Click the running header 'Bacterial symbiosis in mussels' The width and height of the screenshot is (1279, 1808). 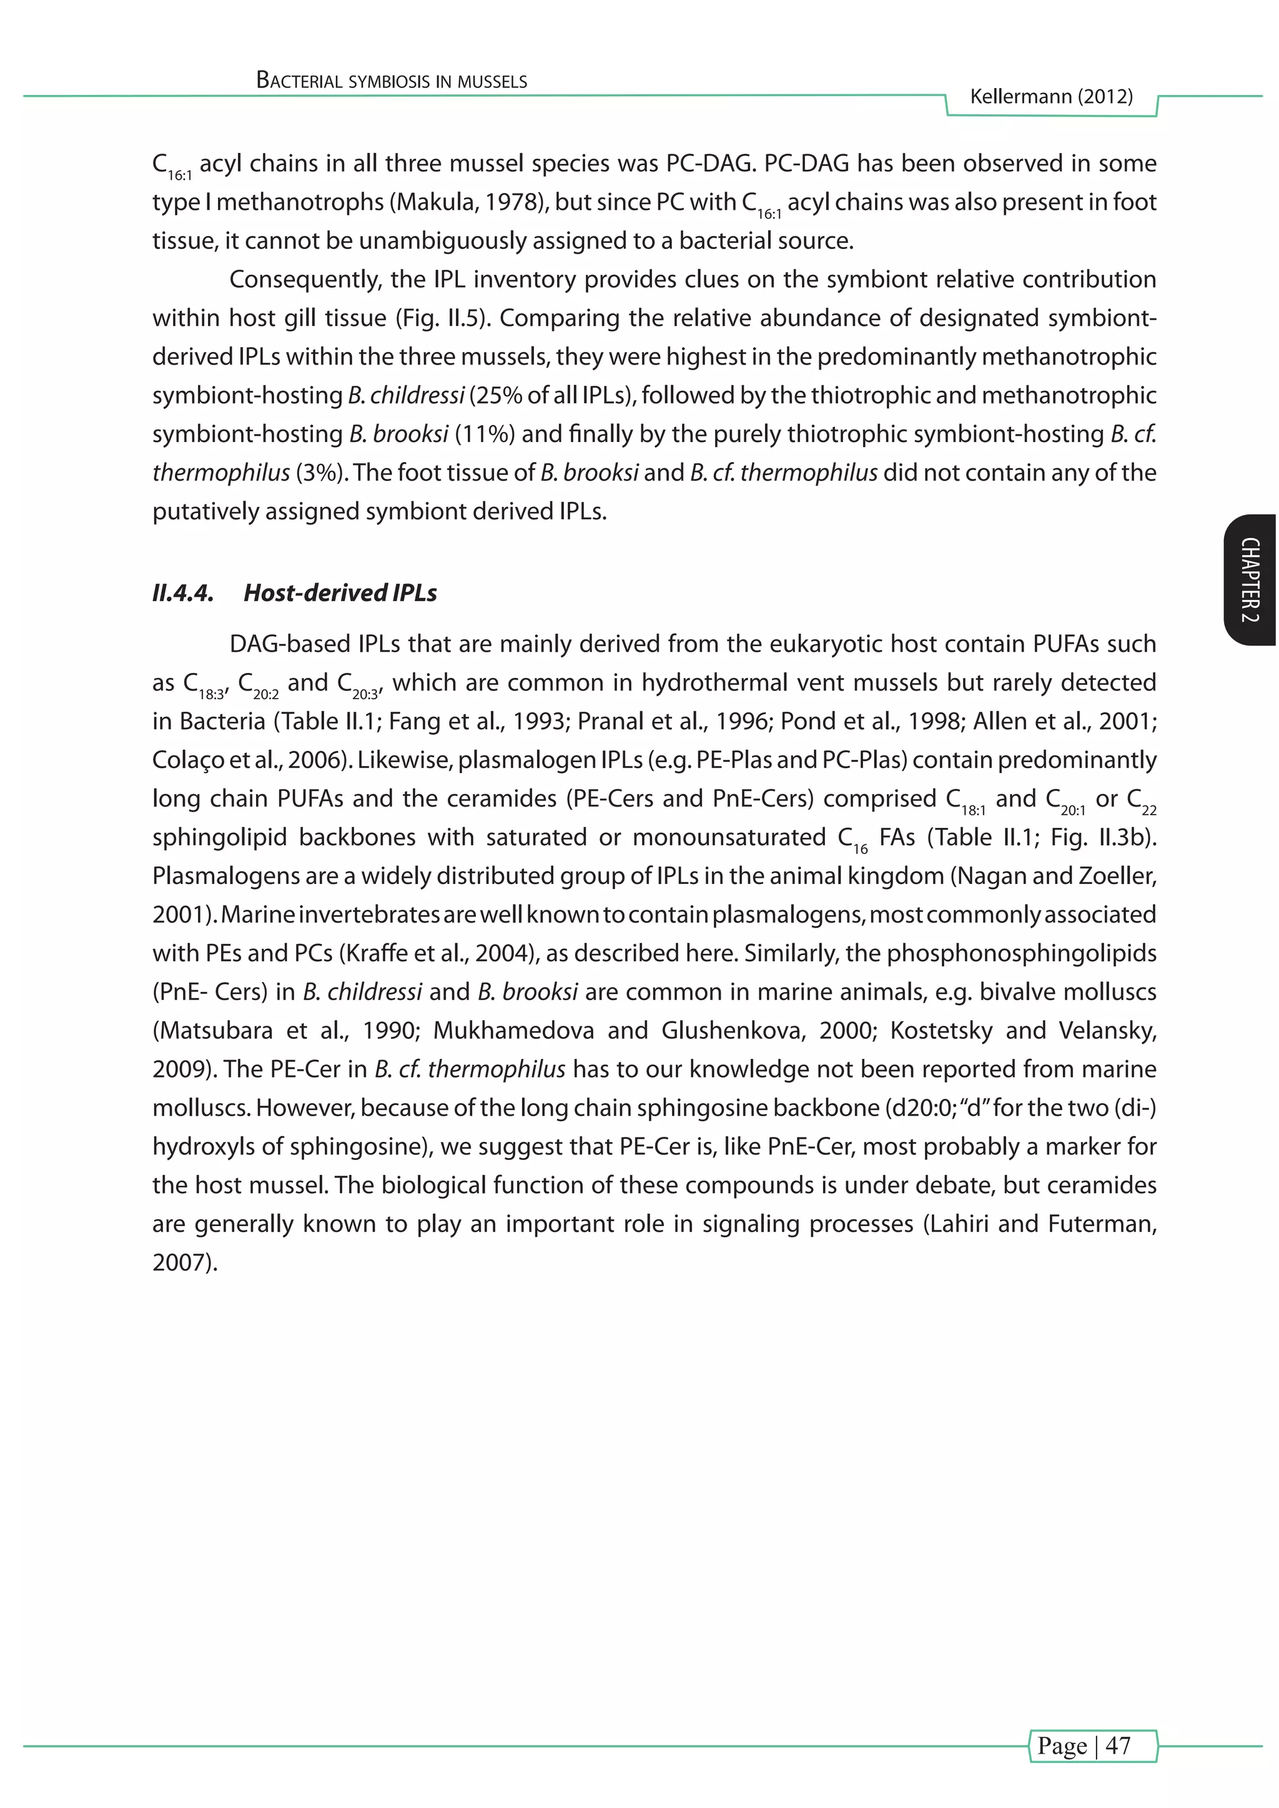pyautogui.click(x=392, y=81)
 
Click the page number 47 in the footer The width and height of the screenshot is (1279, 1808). pyautogui.click(x=1117, y=1746)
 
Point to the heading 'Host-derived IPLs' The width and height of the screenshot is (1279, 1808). pyautogui.click(x=340, y=593)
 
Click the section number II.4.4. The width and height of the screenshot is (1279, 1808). pyautogui.click(x=183, y=593)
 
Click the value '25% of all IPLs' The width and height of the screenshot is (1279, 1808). pyautogui.click(x=552, y=395)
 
